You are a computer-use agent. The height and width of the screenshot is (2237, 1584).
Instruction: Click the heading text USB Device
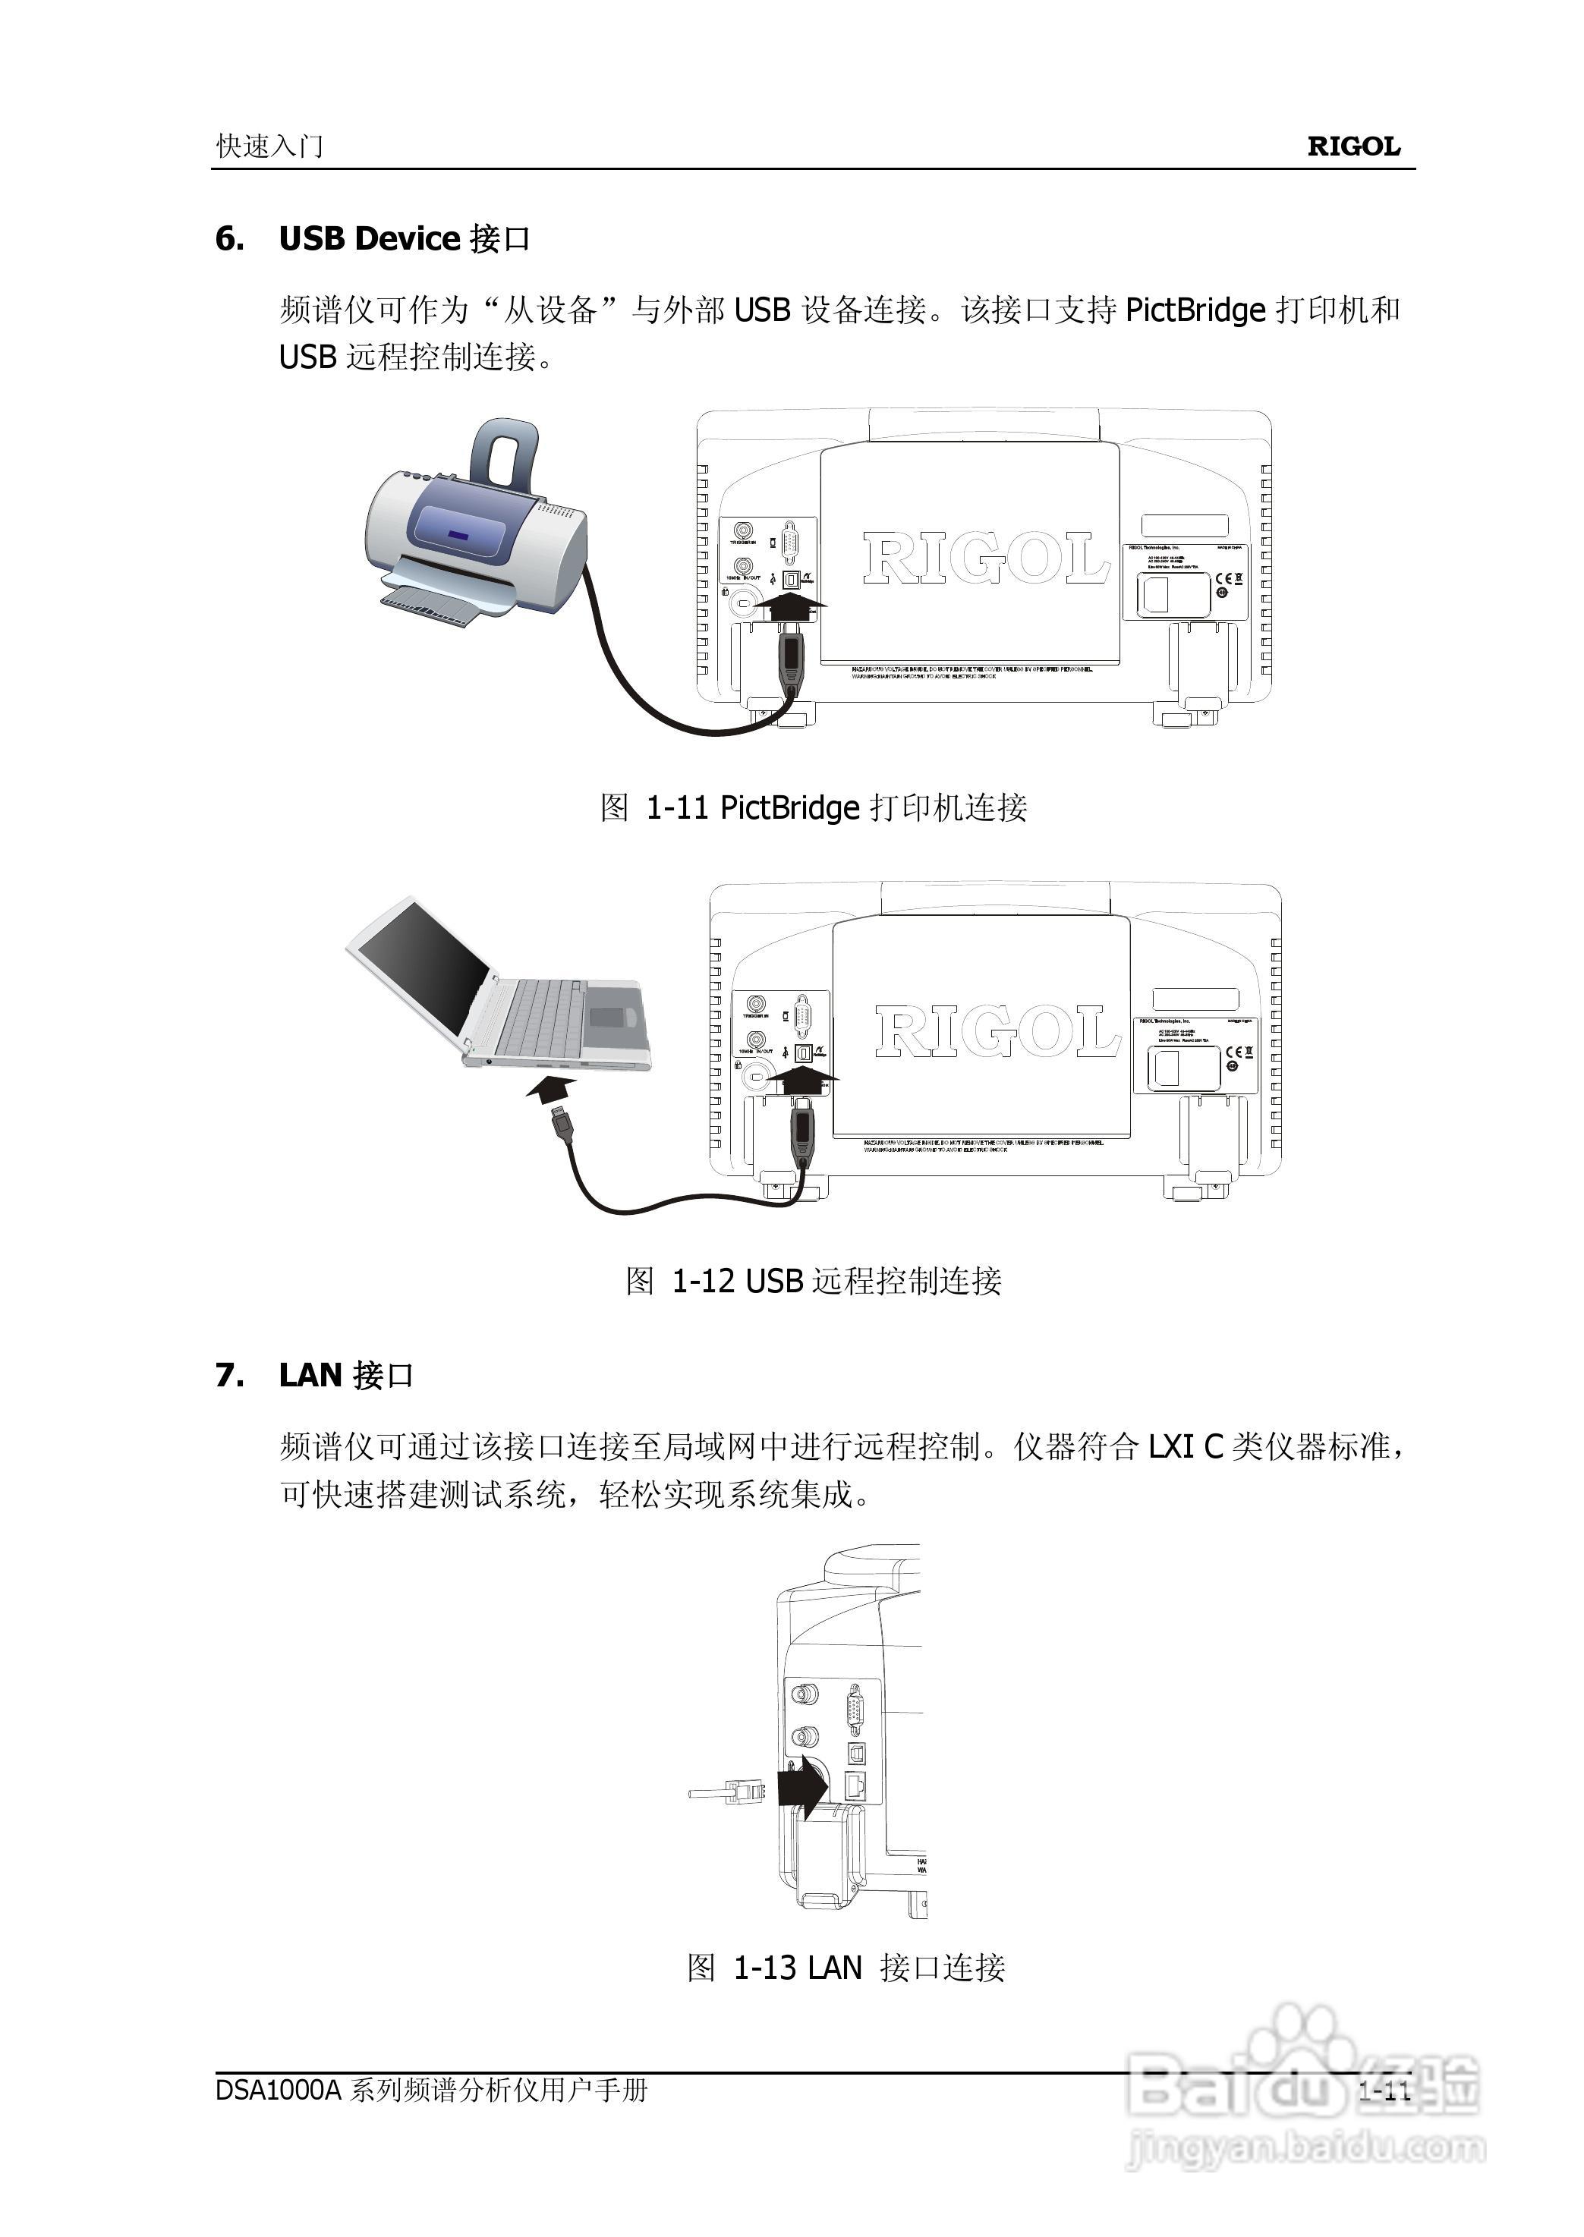click(369, 239)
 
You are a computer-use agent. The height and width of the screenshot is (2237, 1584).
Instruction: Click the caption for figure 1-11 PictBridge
click(812, 807)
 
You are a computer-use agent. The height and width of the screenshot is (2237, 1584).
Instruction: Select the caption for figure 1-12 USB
click(812, 1280)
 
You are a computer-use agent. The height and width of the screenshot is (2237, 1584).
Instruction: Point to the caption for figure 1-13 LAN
click(846, 1967)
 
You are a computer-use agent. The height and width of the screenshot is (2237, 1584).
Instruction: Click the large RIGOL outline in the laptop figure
click(997, 1032)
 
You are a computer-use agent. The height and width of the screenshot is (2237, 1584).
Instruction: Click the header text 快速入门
click(269, 146)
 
